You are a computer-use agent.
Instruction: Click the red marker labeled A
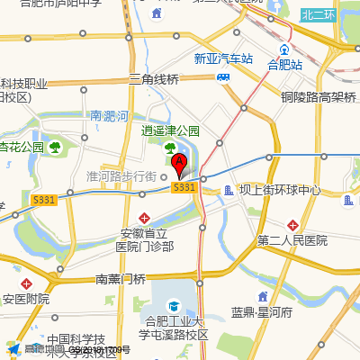[x=179, y=164]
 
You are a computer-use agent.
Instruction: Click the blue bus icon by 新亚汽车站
[x=224, y=76]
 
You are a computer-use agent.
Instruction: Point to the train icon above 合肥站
[x=284, y=49]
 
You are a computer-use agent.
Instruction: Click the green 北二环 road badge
[x=318, y=14]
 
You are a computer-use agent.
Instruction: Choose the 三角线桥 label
[x=155, y=79]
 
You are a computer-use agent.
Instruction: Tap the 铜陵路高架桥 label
[x=319, y=96]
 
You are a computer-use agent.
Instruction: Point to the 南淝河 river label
[x=110, y=115]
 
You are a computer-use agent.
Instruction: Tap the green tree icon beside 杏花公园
[x=56, y=146]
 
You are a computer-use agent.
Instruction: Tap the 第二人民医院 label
[x=292, y=240]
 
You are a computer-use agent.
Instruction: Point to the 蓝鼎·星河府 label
[x=262, y=312]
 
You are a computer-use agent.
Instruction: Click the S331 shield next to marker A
[x=184, y=186]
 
